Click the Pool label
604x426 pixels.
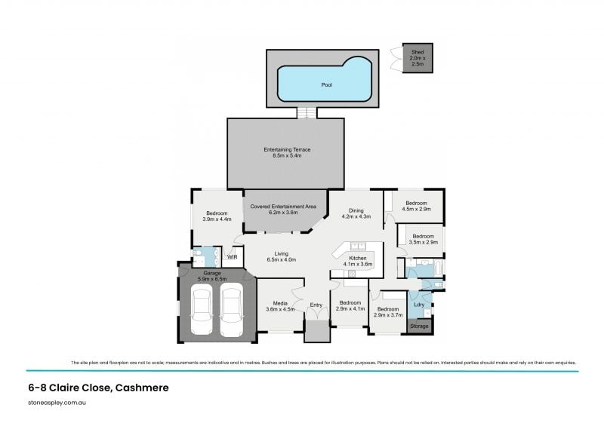pyautogui.click(x=326, y=85)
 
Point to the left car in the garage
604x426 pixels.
pyautogui.click(x=202, y=311)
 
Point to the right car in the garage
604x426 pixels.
pyautogui.click(x=231, y=311)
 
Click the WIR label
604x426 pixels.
pyautogui.click(x=233, y=257)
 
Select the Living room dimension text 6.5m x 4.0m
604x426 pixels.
pyautogui.click(x=281, y=260)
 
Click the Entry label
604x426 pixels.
pyautogui.click(x=316, y=305)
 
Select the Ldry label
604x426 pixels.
pyautogui.click(x=418, y=305)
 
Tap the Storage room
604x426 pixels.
pyautogui.click(x=419, y=326)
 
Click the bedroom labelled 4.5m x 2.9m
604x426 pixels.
pyautogui.click(x=417, y=207)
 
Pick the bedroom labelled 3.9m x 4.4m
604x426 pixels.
pyautogui.click(x=218, y=216)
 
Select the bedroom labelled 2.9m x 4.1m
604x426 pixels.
pyautogui.click(x=350, y=305)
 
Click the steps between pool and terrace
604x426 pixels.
pyautogui.click(x=305, y=112)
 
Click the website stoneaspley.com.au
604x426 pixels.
pyautogui.click(x=57, y=403)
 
